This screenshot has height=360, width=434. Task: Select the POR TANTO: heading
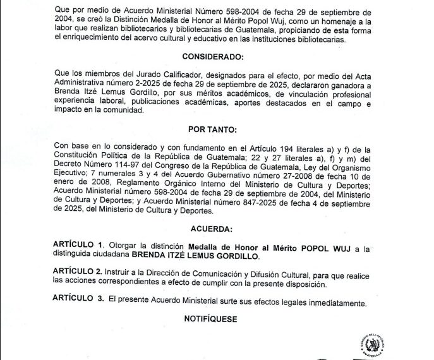point(217,129)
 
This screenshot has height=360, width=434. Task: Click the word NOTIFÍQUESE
point(211,319)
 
